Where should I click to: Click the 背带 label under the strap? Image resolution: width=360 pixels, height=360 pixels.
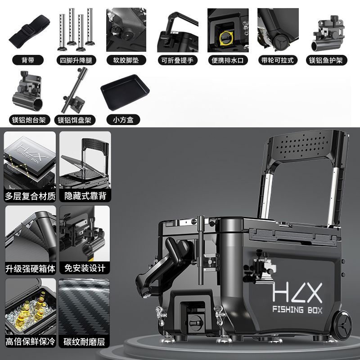(28, 60)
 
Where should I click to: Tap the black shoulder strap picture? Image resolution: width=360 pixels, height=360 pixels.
(29, 31)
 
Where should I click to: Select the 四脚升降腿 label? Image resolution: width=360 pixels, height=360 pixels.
(76, 60)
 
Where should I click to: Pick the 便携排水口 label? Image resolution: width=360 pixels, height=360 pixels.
(228, 60)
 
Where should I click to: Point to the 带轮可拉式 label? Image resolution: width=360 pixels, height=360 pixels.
(278, 60)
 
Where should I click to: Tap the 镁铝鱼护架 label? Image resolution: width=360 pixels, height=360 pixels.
(326, 60)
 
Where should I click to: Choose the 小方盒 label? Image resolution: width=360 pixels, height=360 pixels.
(123, 120)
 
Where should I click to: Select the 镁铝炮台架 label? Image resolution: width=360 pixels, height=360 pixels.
(29, 120)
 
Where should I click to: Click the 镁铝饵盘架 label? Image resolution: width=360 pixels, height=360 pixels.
(75, 120)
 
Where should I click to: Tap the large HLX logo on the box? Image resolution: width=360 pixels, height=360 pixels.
(297, 292)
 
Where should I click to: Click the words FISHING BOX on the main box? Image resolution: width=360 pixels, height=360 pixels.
(297, 310)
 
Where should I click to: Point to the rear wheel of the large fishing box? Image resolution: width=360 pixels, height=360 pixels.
(342, 325)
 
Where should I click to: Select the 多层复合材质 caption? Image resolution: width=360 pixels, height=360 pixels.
(30, 196)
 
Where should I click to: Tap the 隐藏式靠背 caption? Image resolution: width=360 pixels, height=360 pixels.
(85, 196)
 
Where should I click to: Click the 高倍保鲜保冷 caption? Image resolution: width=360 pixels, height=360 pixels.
(30, 342)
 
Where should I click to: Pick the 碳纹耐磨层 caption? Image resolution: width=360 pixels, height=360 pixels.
(84, 342)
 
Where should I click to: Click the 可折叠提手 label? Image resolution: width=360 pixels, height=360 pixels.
(177, 60)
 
